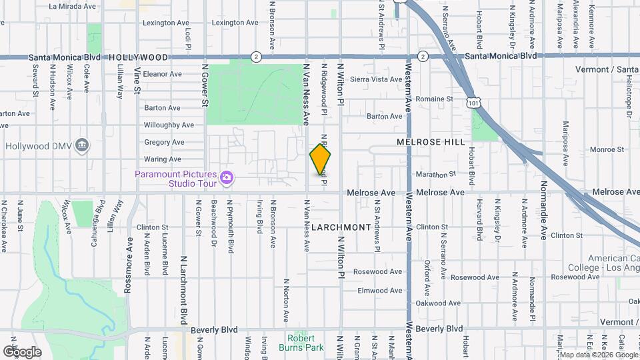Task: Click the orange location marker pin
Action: point(320,159)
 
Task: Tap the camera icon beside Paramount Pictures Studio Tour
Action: point(227,177)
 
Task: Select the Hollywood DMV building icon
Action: point(82,145)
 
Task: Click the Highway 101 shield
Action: point(472,103)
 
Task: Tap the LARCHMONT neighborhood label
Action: point(341,227)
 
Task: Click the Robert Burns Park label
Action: point(301,343)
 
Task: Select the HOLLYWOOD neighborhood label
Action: point(138,58)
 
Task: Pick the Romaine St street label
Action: point(434,99)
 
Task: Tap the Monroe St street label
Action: point(587,149)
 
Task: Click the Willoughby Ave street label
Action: point(169,125)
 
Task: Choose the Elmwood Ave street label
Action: point(380,291)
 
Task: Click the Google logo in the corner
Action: point(23,351)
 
